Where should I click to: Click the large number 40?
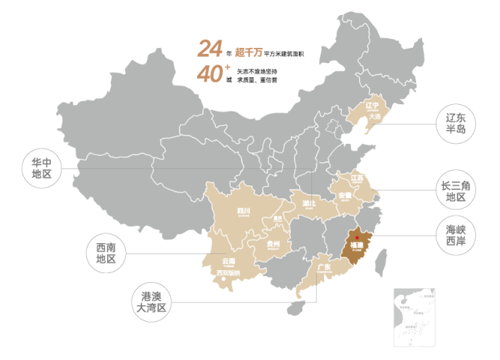click(x=210, y=75)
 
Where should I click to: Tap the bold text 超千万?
click(x=248, y=52)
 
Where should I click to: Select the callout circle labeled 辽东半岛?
click(x=455, y=123)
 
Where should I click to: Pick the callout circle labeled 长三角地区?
click(x=455, y=191)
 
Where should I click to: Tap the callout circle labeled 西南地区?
click(x=105, y=253)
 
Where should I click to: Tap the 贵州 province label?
click(x=272, y=244)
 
